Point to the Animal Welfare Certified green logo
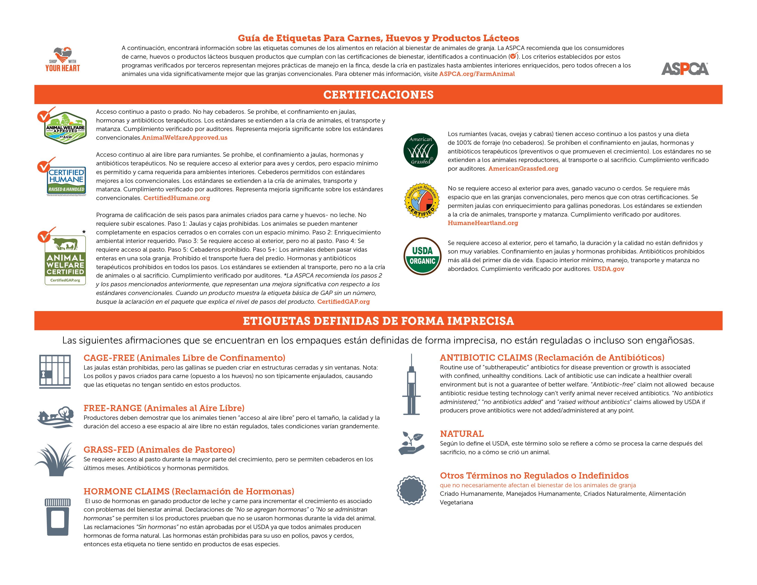click(x=65, y=260)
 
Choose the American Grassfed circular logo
click(x=420, y=151)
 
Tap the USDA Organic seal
click(x=422, y=256)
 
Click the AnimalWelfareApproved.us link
click(x=185, y=138)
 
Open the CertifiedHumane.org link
click(x=177, y=198)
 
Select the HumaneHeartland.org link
click(x=483, y=223)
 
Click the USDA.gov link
click(x=608, y=269)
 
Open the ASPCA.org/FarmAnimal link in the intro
click(x=477, y=74)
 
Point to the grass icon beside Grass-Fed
click(x=56, y=459)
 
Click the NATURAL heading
click(x=462, y=434)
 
